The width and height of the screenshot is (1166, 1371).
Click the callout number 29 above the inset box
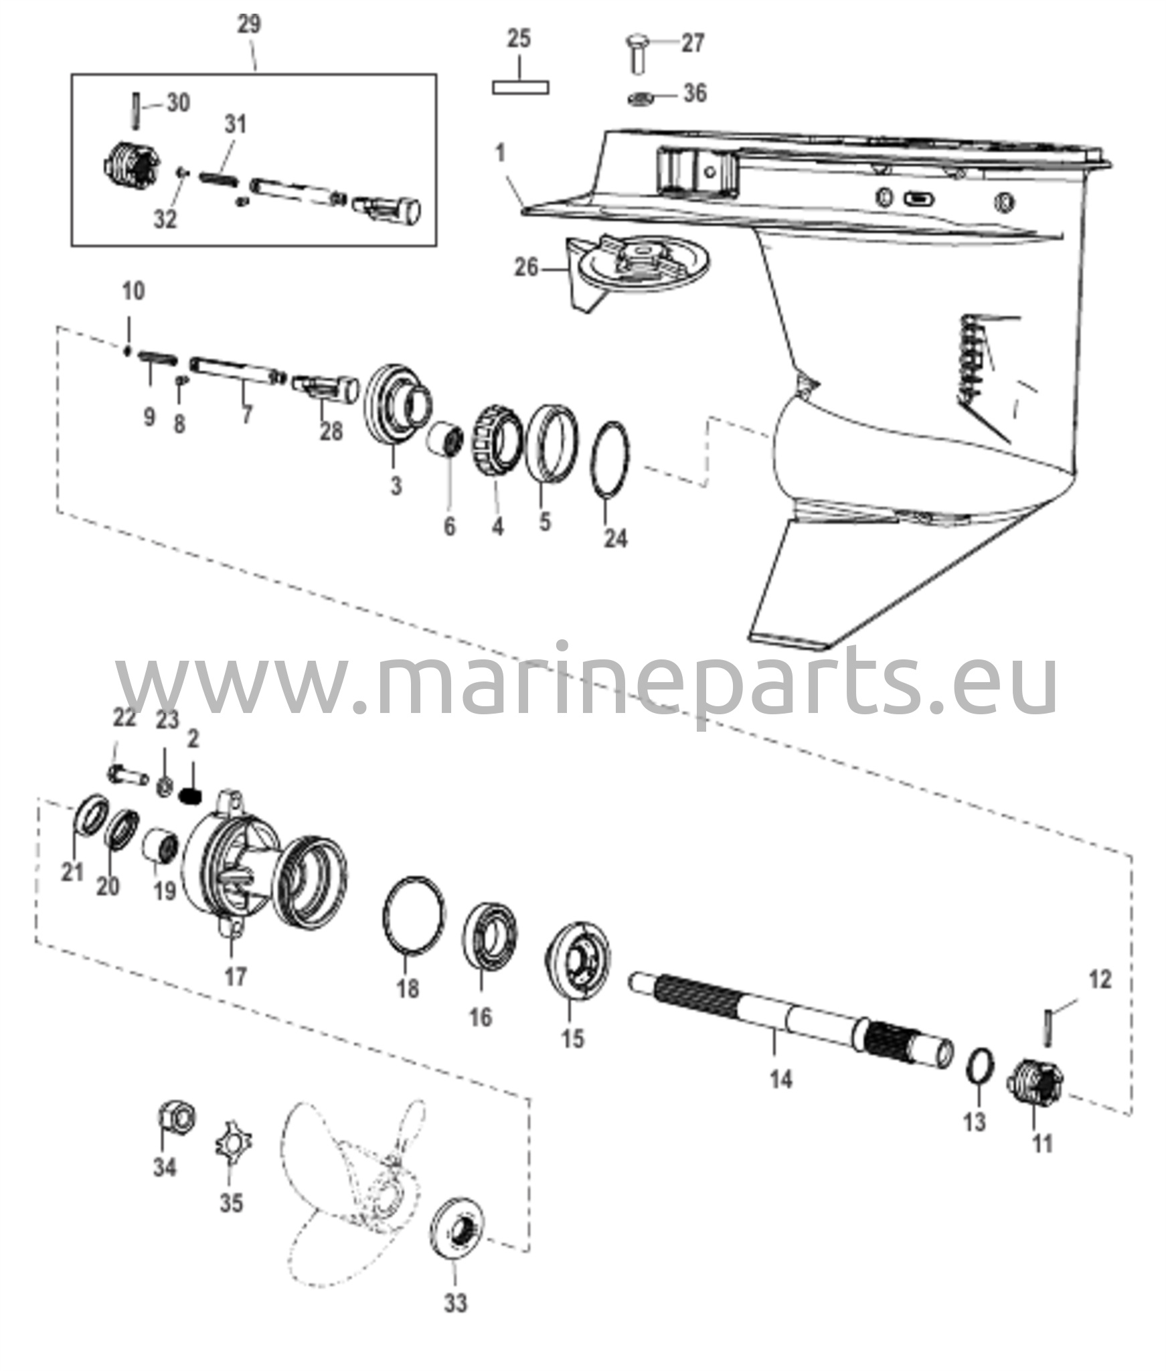point(249,24)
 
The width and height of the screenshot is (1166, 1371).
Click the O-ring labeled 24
point(609,460)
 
